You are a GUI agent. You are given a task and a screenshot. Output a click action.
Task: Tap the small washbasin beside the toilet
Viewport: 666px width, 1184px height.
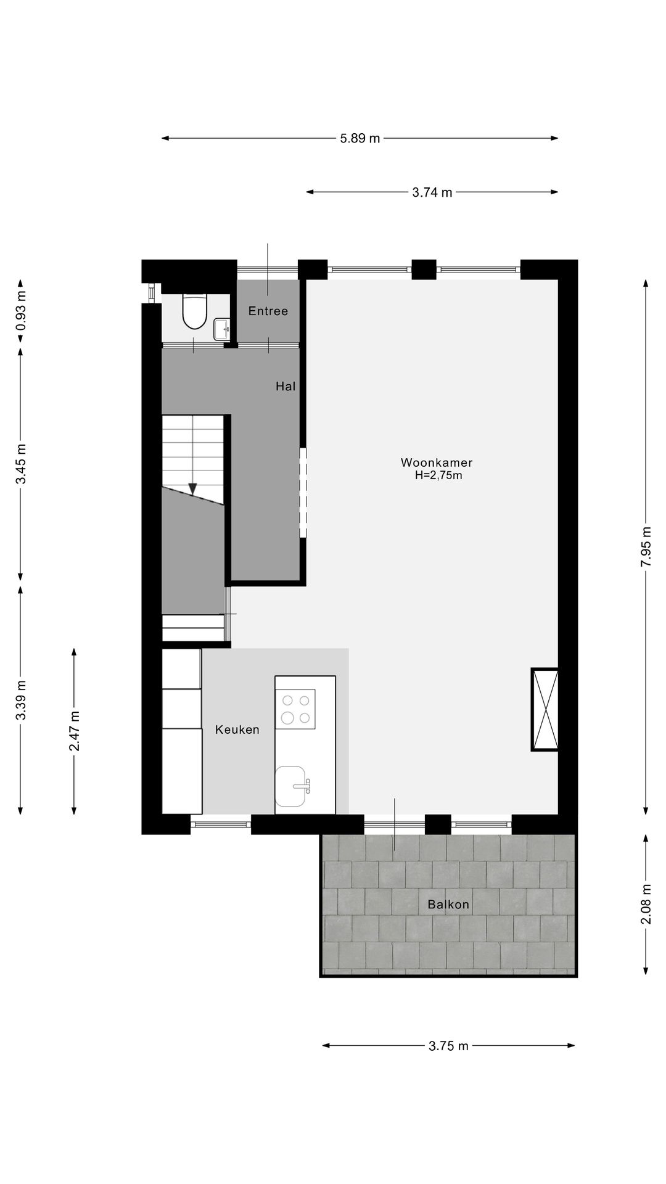point(221,329)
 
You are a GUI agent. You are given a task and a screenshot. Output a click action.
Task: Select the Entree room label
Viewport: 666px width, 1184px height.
point(268,311)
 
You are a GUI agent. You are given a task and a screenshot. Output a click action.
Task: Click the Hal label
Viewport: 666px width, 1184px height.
point(286,386)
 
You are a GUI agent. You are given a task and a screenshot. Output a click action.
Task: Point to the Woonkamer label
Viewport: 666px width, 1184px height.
point(437,462)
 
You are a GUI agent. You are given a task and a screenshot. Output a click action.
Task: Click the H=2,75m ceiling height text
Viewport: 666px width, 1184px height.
point(438,475)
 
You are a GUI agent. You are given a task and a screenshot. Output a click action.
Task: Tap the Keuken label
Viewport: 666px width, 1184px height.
point(237,730)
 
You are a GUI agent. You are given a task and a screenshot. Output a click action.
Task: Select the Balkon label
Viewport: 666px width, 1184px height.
point(448,905)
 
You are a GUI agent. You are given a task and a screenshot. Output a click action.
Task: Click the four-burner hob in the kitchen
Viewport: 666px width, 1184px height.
point(295,709)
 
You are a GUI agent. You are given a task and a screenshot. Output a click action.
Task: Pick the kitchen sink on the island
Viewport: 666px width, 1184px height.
point(290,786)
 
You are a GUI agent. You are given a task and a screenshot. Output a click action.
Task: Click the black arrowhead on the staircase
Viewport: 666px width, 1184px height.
point(192,488)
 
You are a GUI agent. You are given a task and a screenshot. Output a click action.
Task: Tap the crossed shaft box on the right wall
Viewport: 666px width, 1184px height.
point(545,709)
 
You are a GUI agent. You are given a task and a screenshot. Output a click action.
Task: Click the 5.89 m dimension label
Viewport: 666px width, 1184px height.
point(360,138)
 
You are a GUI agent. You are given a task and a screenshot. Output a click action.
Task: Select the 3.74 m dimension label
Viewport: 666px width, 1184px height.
point(432,192)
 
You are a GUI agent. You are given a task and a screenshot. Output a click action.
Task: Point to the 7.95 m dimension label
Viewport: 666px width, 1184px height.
point(646,547)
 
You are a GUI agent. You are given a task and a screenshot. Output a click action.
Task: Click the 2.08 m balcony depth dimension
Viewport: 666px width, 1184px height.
point(646,905)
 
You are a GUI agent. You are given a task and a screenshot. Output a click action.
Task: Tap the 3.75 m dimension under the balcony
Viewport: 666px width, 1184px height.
point(449,1046)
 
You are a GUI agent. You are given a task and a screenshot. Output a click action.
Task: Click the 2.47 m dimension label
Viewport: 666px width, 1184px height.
point(74,731)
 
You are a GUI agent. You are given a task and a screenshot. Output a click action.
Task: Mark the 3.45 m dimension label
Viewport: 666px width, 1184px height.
point(21,464)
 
